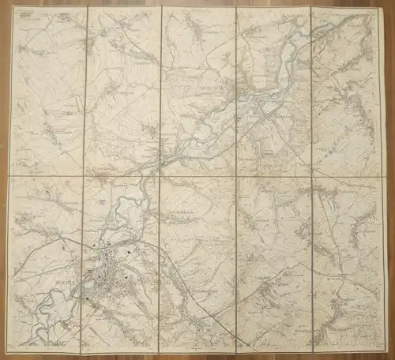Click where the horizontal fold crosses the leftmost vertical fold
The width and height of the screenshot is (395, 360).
[85, 176]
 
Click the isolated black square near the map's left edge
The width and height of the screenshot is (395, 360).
[49, 192]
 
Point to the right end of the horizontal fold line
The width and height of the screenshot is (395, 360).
[387, 175]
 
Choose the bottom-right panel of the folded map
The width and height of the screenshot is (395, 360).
[349, 264]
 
